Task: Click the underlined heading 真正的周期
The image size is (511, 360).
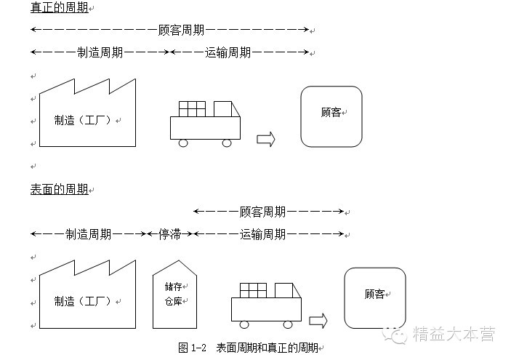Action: tap(59, 8)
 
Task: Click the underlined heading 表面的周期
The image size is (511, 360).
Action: tap(59, 189)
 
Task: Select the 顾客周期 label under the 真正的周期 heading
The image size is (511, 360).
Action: tap(181, 31)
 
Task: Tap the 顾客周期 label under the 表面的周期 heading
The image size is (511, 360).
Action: tap(262, 212)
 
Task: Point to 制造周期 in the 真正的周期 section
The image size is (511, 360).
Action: tap(100, 52)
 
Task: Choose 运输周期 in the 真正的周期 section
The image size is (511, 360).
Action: tap(228, 52)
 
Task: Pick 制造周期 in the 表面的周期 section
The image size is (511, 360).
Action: tap(88, 234)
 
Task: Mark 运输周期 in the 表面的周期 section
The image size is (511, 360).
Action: tap(262, 234)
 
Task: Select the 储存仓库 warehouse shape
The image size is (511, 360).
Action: tap(174, 294)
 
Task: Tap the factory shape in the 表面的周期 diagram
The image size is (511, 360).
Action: tap(86, 298)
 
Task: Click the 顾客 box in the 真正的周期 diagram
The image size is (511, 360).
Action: tap(331, 116)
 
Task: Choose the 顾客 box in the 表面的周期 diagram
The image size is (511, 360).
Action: tap(374, 297)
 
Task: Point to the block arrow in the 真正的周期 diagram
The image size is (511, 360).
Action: tap(266, 140)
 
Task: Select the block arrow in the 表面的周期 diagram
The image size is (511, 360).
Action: tap(318, 321)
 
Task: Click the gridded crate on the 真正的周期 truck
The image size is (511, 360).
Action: tap(192, 108)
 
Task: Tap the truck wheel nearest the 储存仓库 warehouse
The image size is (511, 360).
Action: tap(244, 324)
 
